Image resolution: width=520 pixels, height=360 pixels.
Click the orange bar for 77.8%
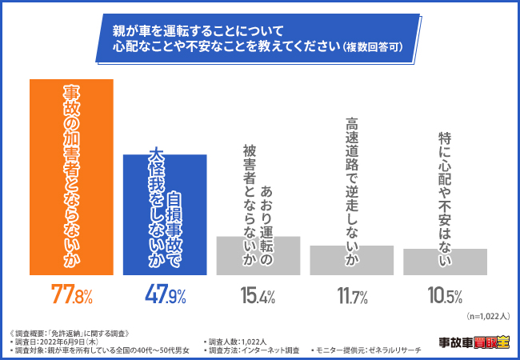click(x=72, y=176)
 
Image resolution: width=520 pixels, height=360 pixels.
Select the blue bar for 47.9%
click(x=166, y=214)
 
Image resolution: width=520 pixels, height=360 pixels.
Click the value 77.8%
click(x=72, y=295)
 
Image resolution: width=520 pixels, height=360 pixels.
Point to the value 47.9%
click(x=166, y=295)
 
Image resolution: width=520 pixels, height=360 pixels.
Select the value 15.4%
click(x=258, y=295)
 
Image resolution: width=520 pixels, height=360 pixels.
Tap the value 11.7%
click(x=352, y=296)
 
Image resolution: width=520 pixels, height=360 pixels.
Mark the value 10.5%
click(x=445, y=296)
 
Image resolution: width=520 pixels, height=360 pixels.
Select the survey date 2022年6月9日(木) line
click(x=64, y=342)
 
